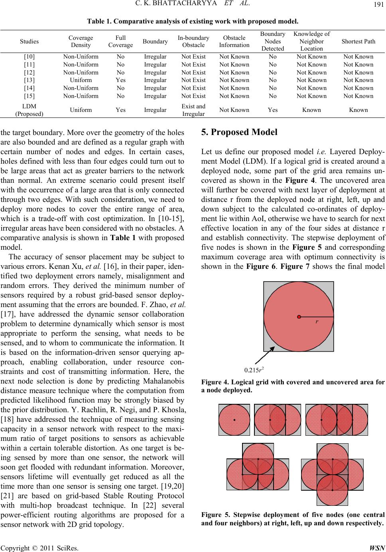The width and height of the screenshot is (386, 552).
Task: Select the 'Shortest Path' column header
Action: tap(358, 41)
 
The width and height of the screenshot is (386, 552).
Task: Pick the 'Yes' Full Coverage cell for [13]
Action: tap(120, 80)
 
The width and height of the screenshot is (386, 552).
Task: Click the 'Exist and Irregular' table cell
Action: tap(193, 110)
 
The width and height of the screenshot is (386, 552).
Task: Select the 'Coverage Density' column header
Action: tap(81, 41)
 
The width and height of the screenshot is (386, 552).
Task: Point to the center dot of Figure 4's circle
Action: tap(298, 317)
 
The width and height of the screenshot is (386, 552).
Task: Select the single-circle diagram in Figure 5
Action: tap(234, 420)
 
